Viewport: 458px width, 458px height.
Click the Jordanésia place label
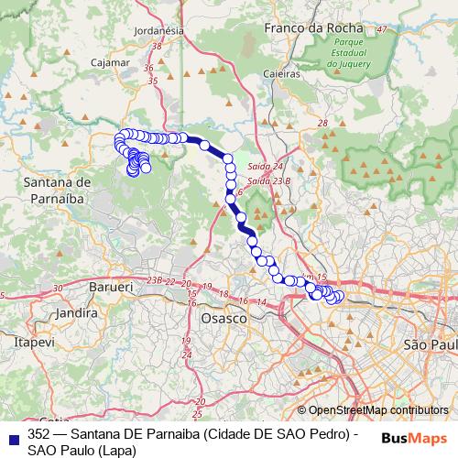pyautogui.click(x=158, y=30)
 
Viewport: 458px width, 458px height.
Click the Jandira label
pyautogui.click(x=77, y=312)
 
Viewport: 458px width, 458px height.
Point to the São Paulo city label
pyautogui.click(x=429, y=344)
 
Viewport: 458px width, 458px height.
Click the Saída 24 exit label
pyautogui.click(x=266, y=167)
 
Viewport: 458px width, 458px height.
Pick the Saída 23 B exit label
pyautogui.click(x=269, y=180)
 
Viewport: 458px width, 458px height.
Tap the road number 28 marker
pyautogui.click(x=322, y=123)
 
